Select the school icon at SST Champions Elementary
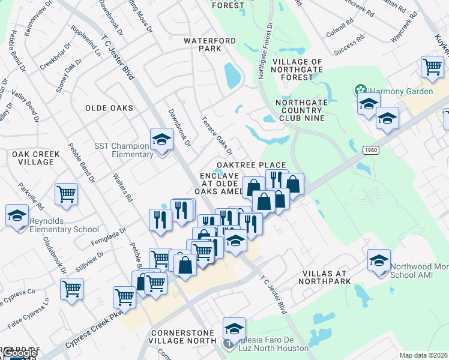point(161,140)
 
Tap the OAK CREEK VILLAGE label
point(36,158)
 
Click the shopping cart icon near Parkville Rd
point(66,194)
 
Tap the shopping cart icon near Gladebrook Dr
point(71,289)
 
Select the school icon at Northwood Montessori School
point(379,260)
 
